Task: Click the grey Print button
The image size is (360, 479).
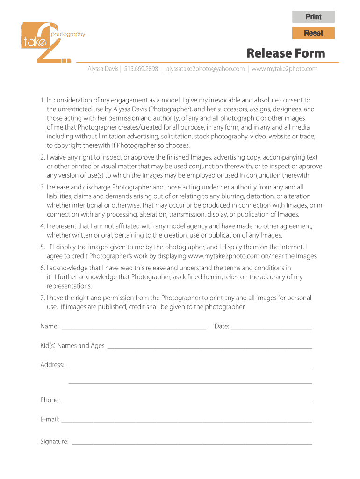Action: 313,17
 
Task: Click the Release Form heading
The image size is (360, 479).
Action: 286,53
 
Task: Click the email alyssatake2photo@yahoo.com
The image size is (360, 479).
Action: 205,69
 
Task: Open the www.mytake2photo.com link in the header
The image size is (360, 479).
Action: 284,69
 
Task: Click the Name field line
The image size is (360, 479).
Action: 134,326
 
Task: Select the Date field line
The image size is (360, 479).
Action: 271,326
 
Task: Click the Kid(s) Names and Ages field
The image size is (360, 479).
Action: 209,346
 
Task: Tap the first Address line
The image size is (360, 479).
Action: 190,365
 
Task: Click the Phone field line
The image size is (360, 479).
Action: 187,400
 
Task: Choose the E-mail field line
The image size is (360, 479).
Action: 187,420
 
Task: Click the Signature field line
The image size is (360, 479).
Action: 192,441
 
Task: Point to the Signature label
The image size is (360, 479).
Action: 54,441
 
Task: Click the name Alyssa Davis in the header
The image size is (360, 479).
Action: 103,69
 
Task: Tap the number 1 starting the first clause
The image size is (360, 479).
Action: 42,100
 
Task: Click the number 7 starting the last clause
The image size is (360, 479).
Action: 42,298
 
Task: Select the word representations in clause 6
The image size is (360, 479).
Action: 69,286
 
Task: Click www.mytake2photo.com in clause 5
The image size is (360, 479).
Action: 223,256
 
